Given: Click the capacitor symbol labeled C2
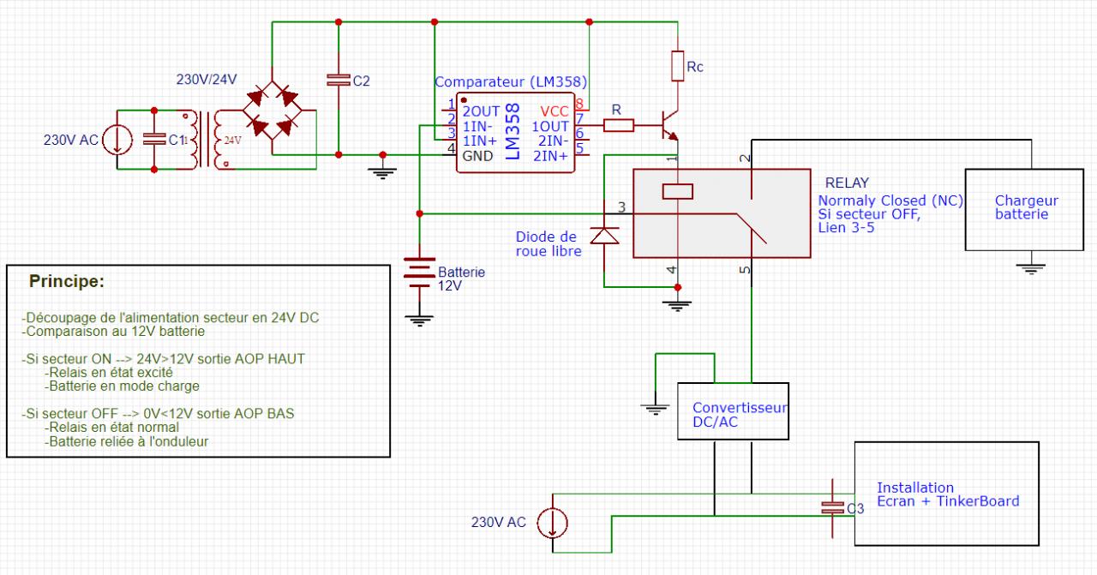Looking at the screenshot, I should [x=339, y=80].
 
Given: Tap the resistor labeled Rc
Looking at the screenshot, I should [x=677, y=66].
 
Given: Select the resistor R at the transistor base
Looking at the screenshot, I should [x=618, y=126].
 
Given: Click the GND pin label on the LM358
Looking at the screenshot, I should [x=478, y=156].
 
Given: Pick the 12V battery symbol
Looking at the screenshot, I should [x=419, y=273].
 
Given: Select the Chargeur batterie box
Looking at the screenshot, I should [x=1026, y=208].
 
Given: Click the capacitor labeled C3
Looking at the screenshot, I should [x=831, y=506].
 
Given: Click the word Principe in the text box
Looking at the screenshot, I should [x=67, y=281].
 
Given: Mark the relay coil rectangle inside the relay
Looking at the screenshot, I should [x=677, y=190].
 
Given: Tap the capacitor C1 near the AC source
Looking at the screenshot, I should [x=154, y=140].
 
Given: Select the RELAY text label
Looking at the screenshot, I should [x=846, y=183].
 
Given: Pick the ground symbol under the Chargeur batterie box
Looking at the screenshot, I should [x=1032, y=267].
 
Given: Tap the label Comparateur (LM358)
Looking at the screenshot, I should [x=511, y=82].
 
